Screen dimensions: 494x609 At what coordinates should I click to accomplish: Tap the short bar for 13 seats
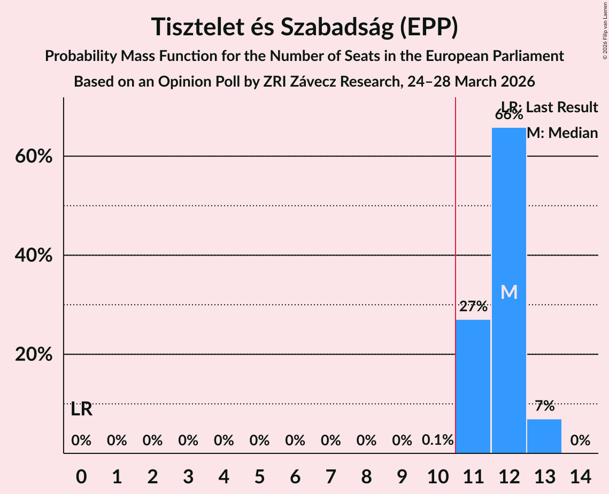tap(544, 436)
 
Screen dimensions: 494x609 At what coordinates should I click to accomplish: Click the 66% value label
tap(508, 114)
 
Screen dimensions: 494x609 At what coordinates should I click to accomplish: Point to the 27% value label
tap(473, 307)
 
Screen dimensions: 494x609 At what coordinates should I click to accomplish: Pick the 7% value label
tap(544, 406)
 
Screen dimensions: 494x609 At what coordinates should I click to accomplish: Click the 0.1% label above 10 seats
tap(437, 441)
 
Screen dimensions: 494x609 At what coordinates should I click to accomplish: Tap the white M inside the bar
tap(509, 292)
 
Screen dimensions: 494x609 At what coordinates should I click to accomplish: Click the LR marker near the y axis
tap(81, 410)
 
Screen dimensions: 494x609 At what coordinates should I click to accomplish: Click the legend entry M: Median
tap(562, 133)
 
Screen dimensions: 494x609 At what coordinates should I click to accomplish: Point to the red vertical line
tap(455, 267)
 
